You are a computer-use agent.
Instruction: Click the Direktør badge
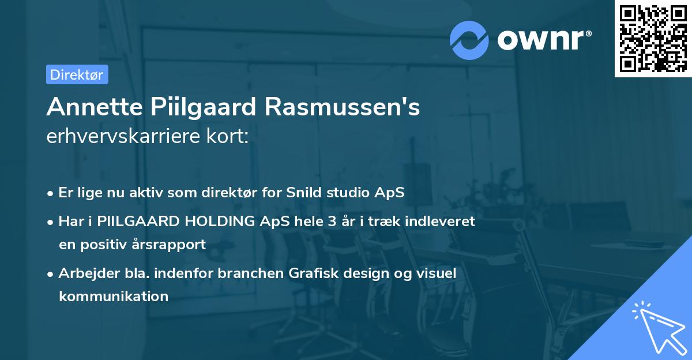77,74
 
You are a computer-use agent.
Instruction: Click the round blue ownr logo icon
469,40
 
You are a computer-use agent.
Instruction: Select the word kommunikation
113,297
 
